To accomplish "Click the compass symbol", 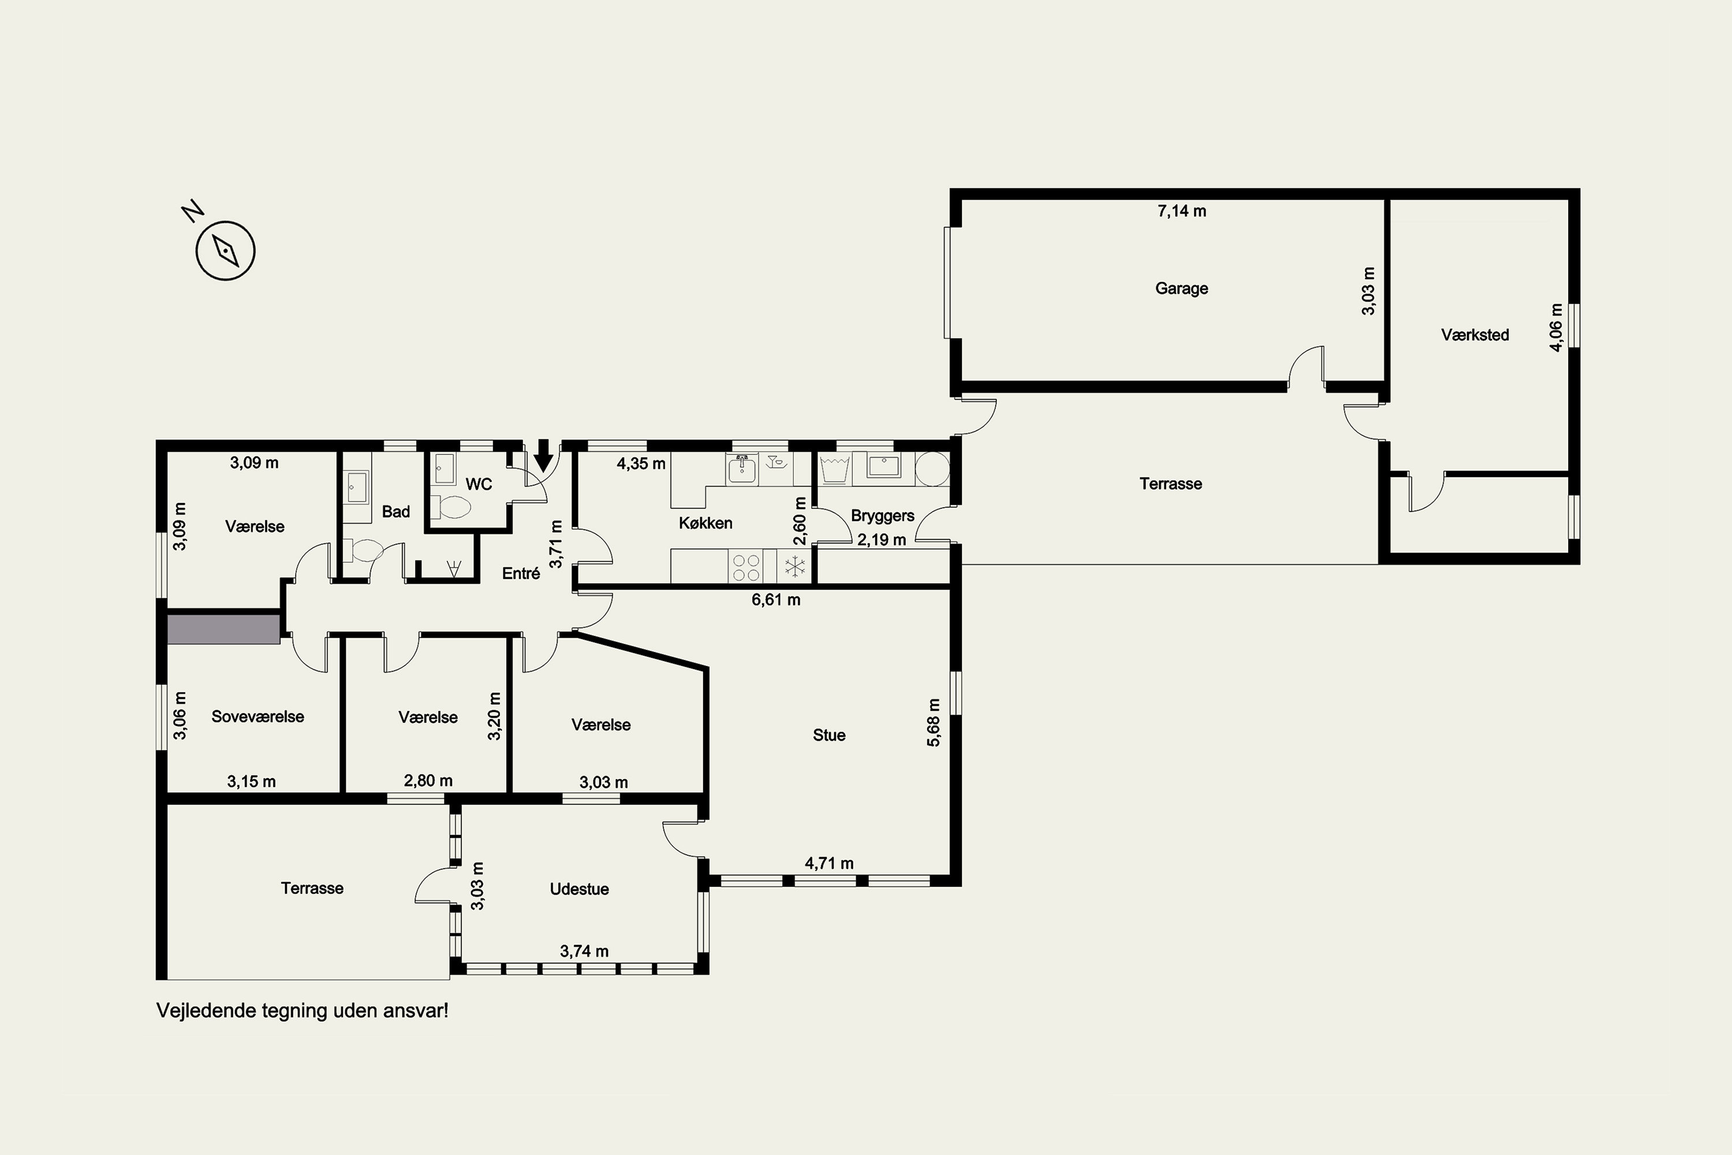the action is [x=225, y=251].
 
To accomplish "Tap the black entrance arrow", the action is [x=543, y=455].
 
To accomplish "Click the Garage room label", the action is [x=1181, y=288].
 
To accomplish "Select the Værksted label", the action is [x=1475, y=334].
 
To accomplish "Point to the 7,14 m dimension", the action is [x=1181, y=211].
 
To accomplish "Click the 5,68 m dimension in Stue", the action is [x=933, y=722].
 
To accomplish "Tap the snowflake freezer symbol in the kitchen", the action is [x=794, y=567].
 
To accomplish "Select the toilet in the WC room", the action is [x=451, y=507].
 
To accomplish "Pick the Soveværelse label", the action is [x=257, y=716].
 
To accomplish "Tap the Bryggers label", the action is [x=882, y=515].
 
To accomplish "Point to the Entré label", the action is [x=521, y=572].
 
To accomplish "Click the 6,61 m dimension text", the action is [x=775, y=599].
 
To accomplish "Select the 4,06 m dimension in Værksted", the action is [x=1555, y=327].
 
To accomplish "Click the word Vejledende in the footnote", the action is [x=201, y=1011].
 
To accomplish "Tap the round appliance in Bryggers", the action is [x=932, y=468].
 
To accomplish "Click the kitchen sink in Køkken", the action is [x=742, y=468].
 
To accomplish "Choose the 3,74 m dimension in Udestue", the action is [x=584, y=951].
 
